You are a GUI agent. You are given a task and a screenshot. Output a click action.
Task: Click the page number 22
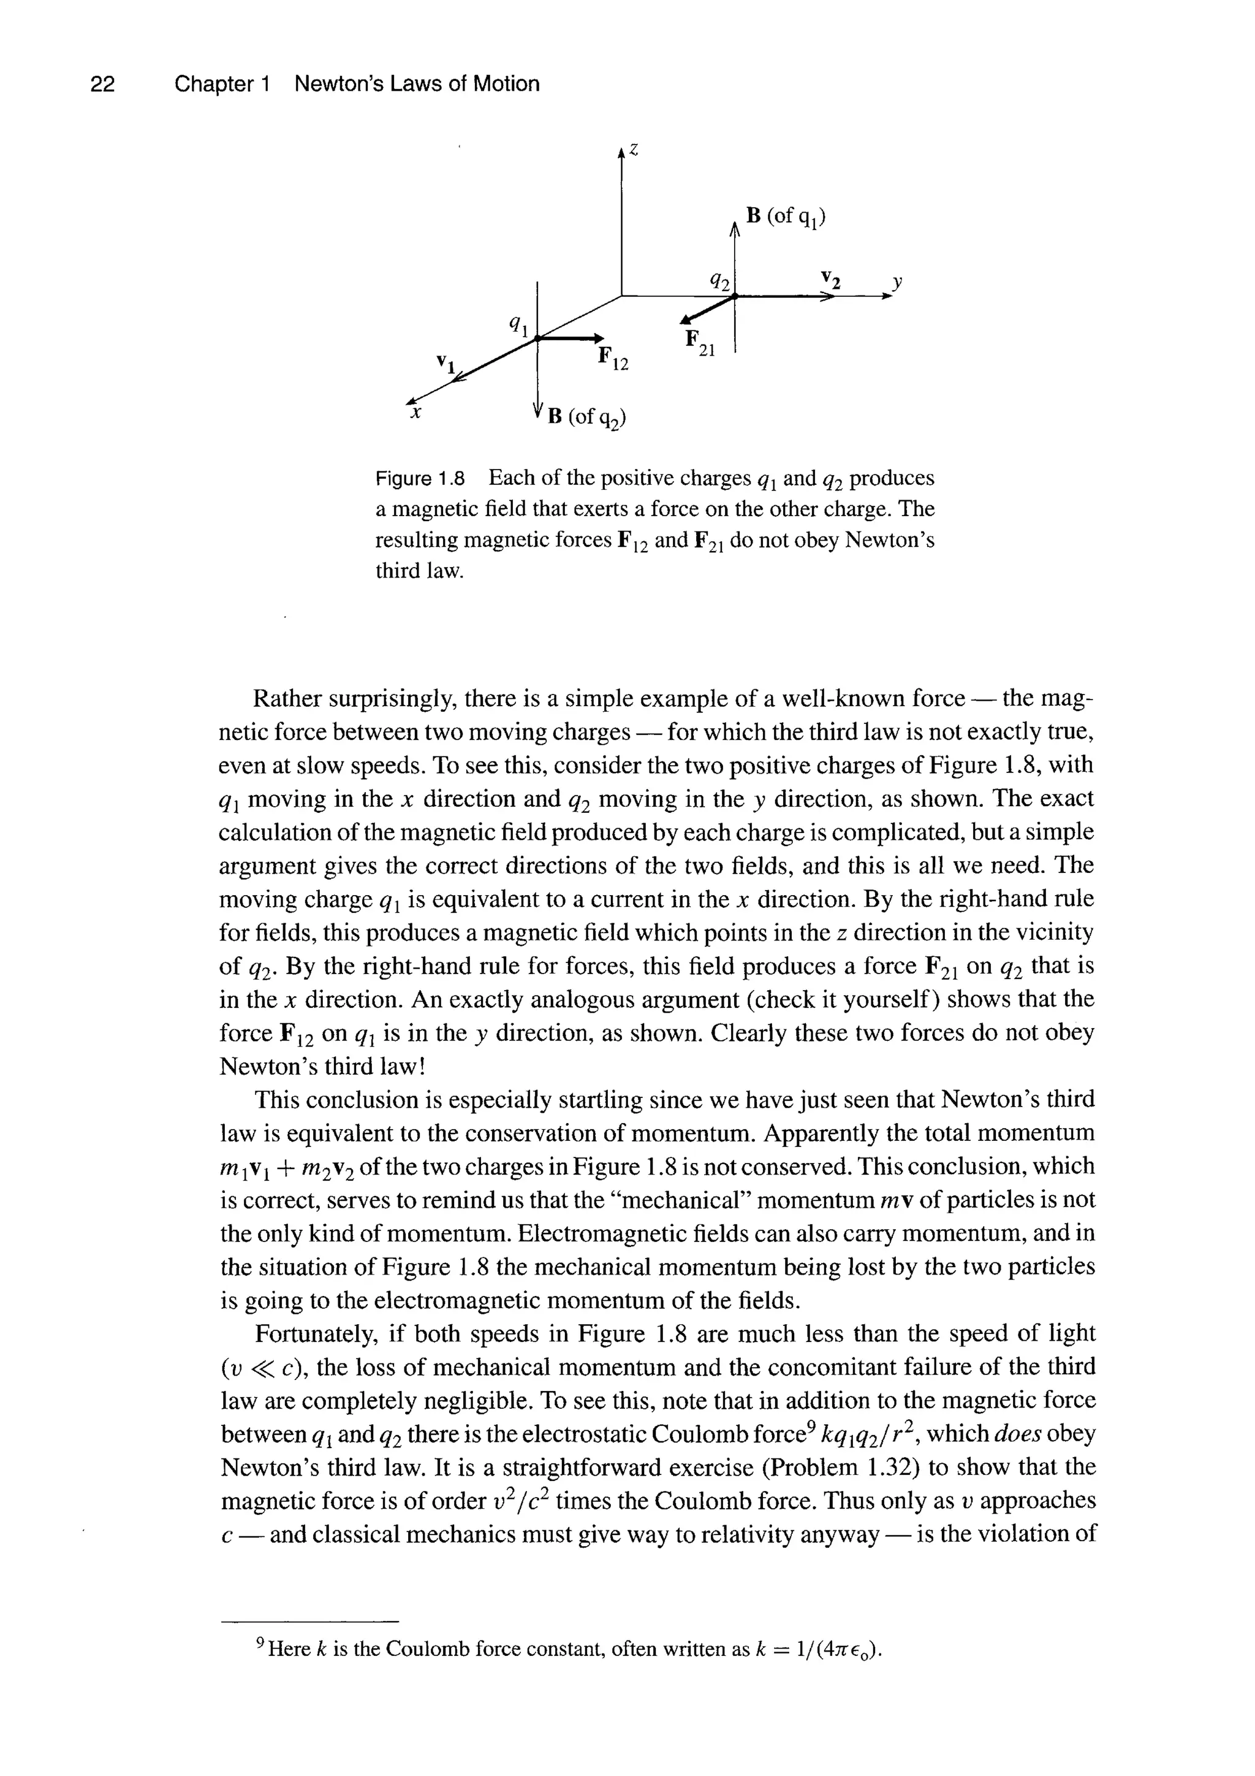[x=102, y=83]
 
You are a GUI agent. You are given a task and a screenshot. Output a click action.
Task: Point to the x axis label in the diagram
[x=416, y=414]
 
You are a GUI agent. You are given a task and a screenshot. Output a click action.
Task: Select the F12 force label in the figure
[x=613, y=359]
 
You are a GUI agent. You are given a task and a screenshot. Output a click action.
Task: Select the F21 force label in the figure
[x=700, y=343]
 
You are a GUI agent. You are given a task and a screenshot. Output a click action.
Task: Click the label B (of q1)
[x=786, y=216]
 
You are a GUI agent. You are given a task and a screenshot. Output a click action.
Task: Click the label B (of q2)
[x=586, y=419]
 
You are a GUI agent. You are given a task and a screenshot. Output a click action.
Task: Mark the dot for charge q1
[x=537, y=338]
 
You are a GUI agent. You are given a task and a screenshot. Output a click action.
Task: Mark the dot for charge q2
[x=735, y=295]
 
